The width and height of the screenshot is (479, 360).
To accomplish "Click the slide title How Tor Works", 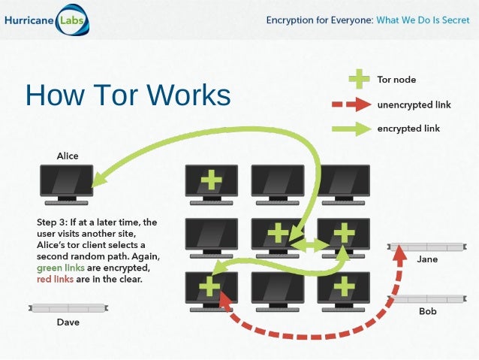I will (128, 95).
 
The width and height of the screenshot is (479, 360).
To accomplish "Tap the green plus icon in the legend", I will (360, 79).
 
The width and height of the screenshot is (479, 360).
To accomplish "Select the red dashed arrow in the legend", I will (351, 104).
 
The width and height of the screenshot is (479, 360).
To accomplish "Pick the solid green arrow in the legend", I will (351, 129).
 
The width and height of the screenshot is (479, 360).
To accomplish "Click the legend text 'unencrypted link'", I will (414, 104).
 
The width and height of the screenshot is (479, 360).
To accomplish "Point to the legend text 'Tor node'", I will (396, 79).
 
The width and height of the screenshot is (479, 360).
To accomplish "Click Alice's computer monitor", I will (67, 181).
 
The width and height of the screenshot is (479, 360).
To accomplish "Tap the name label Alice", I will (67, 156).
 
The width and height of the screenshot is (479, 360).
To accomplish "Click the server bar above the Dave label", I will (68, 307).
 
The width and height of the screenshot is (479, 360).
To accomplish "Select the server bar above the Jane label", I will (426, 247).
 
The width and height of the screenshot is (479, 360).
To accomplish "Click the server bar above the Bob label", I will (426, 299).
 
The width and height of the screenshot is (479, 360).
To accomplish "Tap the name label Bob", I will (427, 311).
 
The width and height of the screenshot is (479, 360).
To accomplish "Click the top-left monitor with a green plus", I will (212, 180).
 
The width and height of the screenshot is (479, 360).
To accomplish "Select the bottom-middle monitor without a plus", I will (278, 286).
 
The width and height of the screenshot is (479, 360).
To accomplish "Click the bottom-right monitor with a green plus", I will (344, 286).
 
